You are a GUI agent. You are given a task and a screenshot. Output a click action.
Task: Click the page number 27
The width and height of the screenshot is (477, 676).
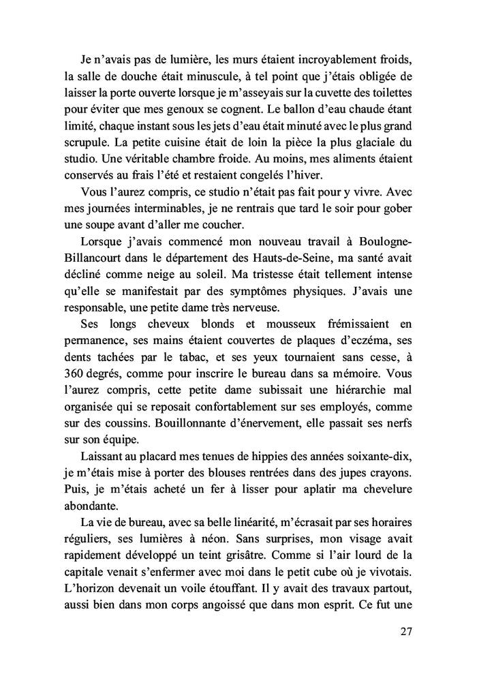click(406, 631)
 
